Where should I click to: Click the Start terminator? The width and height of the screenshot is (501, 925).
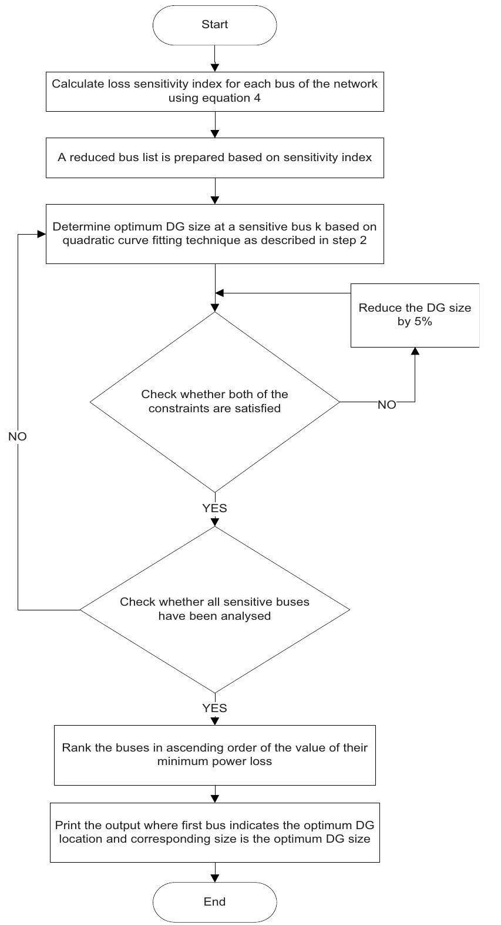point(214,25)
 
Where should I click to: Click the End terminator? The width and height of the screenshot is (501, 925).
point(214,901)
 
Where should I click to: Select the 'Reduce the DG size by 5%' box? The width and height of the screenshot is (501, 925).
point(415,315)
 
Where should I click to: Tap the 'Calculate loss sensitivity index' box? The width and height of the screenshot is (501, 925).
point(214,91)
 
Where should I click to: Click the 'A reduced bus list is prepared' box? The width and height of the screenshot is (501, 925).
point(214,158)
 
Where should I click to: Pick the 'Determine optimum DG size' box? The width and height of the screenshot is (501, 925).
point(214,233)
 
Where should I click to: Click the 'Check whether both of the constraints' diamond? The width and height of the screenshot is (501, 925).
point(214,402)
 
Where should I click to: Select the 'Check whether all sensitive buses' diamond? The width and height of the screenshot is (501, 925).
point(214,609)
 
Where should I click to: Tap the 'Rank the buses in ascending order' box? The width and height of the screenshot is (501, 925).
point(214,754)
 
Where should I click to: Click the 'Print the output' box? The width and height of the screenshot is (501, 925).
point(214,832)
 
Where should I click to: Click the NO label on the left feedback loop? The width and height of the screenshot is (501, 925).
point(18,437)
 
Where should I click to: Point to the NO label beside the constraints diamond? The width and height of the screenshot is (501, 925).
point(386,405)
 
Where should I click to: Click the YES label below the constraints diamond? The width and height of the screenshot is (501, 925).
point(214,508)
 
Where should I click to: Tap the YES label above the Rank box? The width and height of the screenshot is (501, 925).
point(214,708)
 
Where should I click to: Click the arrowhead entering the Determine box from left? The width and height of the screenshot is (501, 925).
point(42,234)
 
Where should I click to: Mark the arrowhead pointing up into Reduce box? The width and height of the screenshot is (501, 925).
point(415,351)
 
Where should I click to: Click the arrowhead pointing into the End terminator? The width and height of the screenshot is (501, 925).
point(215,878)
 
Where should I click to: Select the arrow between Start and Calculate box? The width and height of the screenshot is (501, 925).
point(215,58)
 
